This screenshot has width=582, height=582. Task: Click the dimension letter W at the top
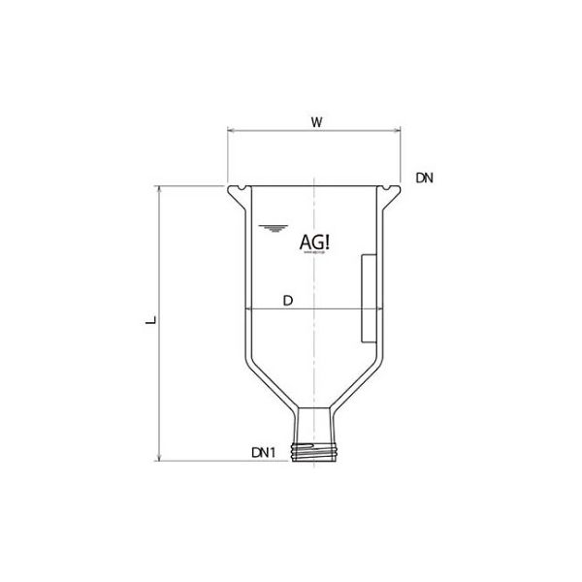coord(316,121)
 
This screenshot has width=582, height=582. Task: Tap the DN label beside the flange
coord(424,178)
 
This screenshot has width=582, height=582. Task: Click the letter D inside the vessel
coord(287,301)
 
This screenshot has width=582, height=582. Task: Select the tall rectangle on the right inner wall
coord(367,297)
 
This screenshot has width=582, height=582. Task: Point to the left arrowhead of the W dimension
coord(231,132)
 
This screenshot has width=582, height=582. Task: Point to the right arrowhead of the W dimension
coord(402,132)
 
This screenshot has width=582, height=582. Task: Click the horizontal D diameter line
coord(320,309)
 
